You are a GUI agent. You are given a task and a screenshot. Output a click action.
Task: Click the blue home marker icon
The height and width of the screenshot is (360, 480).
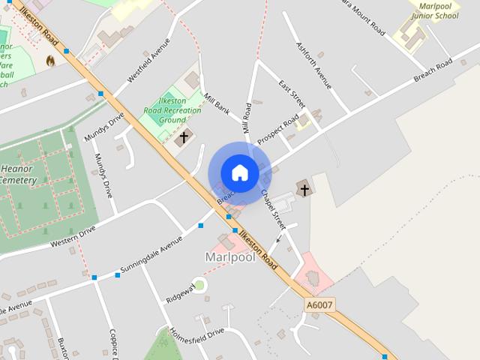tap(239, 173)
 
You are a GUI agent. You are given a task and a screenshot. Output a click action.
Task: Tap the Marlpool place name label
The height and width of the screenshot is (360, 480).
tap(229, 257)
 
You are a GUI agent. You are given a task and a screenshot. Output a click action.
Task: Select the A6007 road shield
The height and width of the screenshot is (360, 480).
tap(319, 305)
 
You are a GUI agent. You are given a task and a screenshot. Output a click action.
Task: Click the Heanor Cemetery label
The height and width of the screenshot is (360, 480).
tap(18, 175)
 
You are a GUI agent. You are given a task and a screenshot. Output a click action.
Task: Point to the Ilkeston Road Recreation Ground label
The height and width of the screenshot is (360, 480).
tap(172, 110)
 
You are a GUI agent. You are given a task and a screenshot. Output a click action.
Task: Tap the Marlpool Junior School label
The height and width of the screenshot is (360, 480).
tap(434, 10)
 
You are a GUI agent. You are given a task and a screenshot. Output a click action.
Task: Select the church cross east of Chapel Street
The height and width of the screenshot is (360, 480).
tap(304, 188)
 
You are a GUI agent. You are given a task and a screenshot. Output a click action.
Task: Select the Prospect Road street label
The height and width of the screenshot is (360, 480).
tap(277, 130)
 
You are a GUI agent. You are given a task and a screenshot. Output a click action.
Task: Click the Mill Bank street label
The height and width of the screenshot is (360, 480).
tap(217, 103)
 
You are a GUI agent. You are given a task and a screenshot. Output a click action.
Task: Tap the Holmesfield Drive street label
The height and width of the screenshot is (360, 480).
tap(196, 334)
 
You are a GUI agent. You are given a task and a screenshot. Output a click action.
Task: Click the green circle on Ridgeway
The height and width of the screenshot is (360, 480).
tap(199, 284)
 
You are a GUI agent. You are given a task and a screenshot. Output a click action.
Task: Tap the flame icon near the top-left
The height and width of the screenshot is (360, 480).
tap(50, 60)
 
